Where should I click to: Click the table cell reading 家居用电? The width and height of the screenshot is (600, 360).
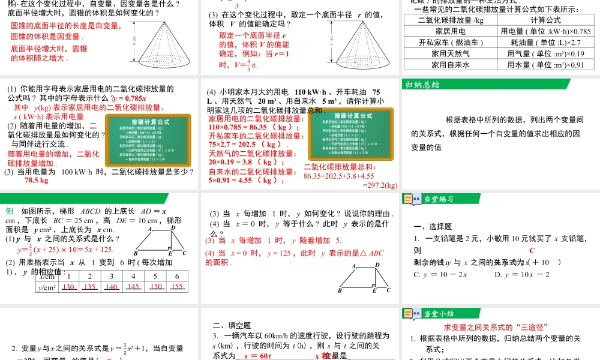pyautogui.click(x=450, y=31)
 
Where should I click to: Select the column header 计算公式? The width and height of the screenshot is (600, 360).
pyautogui.click(x=545, y=19)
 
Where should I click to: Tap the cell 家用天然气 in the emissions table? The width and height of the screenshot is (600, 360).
pyautogui.click(x=450, y=53)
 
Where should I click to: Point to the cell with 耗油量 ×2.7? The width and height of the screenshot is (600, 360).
pyautogui.click(x=545, y=42)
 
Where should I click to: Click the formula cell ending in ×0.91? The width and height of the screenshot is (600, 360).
pyautogui.click(x=545, y=65)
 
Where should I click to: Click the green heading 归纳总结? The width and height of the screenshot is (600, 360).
pyautogui.click(x=423, y=84)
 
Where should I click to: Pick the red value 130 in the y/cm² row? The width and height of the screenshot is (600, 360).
pyautogui.click(x=68, y=287)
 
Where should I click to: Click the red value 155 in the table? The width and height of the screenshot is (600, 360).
pyautogui.click(x=176, y=287)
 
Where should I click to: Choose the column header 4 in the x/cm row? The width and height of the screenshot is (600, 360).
pyautogui.click(x=133, y=276)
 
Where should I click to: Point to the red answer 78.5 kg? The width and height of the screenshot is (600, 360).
pyautogui.click(x=36, y=180)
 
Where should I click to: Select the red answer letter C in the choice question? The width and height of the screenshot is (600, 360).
pyautogui.click(x=532, y=250)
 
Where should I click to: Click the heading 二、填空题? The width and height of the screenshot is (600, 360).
pyautogui.click(x=232, y=325)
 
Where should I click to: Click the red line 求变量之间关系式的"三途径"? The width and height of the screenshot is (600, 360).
pyautogui.click(x=495, y=327)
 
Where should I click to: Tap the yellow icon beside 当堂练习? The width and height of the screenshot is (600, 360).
pyautogui.click(x=412, y=199)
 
